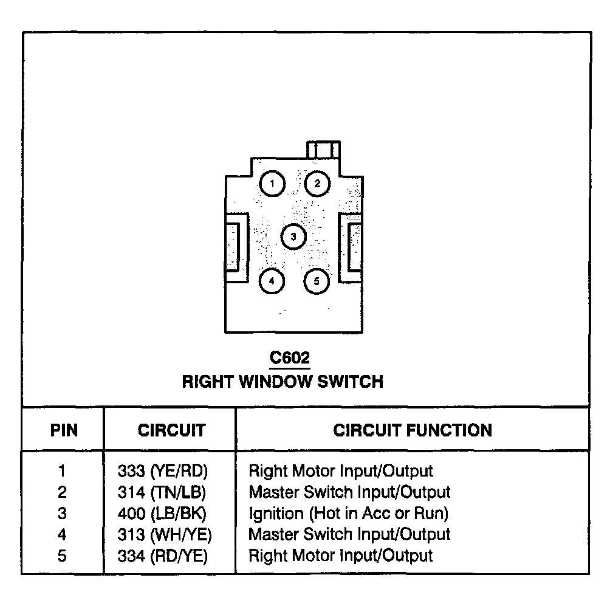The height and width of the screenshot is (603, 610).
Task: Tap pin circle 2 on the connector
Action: [317, 183]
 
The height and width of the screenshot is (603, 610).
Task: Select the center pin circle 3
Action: [293, 236]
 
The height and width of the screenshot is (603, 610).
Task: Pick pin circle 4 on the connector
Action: [272, 281]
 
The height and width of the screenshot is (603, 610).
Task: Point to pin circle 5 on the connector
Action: [317, 281]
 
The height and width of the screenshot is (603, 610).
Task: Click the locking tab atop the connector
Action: [323, 150]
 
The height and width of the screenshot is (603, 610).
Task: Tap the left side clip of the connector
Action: [234, 247]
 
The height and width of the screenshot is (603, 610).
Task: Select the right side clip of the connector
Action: [353, 247]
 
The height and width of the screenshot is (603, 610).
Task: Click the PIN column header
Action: [64, 430]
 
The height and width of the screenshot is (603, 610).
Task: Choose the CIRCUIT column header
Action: [171, 430]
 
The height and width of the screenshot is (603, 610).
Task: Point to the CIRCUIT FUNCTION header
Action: [413, 430]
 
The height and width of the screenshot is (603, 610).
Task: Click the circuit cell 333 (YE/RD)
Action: [163, 470]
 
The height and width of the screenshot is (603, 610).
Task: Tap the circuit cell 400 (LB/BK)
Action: [162, 513]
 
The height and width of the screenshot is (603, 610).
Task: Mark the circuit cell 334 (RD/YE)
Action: [163, 556]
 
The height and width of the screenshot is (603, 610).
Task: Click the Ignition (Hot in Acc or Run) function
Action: [349, 513]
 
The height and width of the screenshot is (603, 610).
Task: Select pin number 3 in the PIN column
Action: [62, 513]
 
